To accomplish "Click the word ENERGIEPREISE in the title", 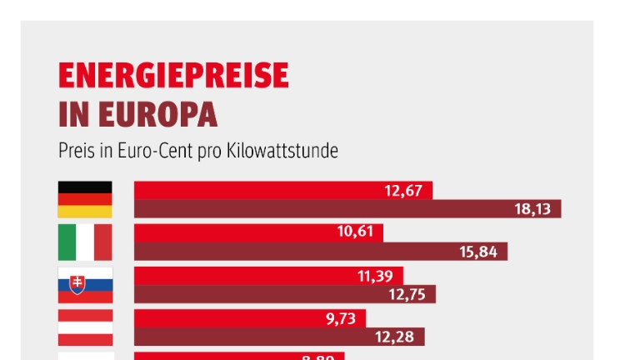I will click(173, 77).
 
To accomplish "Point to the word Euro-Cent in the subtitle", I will click(152, 152).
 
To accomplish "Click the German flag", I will click(84, 199).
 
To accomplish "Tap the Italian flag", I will click(84, 242).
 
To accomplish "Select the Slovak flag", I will click(84, 285).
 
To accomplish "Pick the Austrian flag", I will click(84, 327).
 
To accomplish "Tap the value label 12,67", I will click(403, 190).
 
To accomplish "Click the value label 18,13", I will click(532, 209).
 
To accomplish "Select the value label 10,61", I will click(356, 232).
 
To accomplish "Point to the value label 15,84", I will click(478, 252).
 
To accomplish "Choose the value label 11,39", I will click(375, 276).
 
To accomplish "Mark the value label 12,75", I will click(407, 294).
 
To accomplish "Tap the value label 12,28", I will click(396, 337).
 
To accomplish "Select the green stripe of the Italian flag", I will click(66, 242).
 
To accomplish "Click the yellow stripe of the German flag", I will click(84, 212).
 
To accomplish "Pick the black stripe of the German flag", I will click(84, 187).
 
